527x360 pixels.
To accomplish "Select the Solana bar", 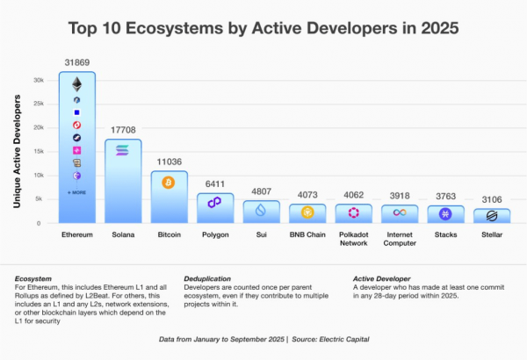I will pyautogui.click(x=123, y=184).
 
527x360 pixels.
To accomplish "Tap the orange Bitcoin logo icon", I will pyautogui.click(x=169, y=183).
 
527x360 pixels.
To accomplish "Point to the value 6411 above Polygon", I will pyautogui.click(x=215, y=184).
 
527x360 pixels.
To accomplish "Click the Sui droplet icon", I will pyautogui.click(x=261, y=210).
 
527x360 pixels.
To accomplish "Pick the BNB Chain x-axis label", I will pyautogui.click(x=307, y=237).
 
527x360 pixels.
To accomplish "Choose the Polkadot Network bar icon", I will pyautogui.click(x=353, y=212).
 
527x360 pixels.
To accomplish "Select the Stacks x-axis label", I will pyautogui.click(x=445, y=237).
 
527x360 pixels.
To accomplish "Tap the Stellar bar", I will pyautogui.click(x=492, y=216).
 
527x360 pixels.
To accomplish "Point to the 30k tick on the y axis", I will pyautogui.click(x=39, y=80).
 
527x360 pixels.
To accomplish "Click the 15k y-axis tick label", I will pyautogui.click(x=39, y=151).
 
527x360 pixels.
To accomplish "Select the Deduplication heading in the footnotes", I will pyautogui.click(x=208, y=278).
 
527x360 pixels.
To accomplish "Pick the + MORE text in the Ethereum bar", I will pyautogui.click(x=76, y=191).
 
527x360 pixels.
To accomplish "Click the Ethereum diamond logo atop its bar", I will pyautogui.click(x=76, y=84).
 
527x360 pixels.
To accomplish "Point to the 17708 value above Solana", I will pyautogui.click(x=123, y=130).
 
